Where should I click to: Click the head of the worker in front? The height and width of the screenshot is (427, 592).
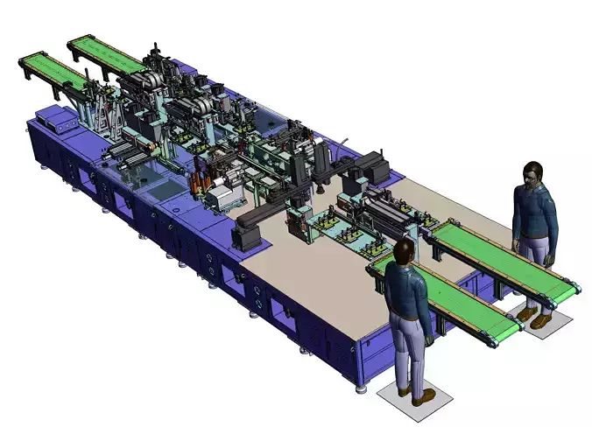coord(404,252)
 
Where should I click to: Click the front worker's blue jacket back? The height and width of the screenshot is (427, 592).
coord(406,293)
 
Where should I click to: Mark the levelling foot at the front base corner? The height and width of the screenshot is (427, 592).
coord(360,385)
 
